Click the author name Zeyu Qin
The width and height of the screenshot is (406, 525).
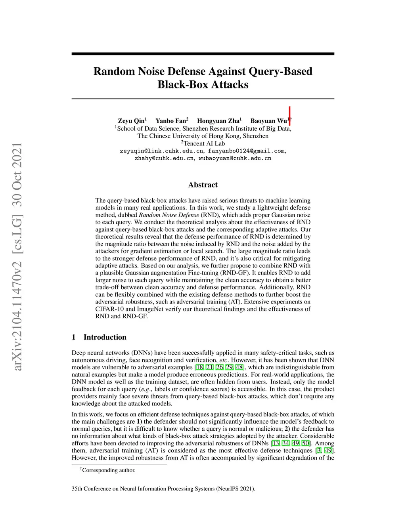(131, 121)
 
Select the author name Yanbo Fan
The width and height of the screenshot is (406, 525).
(170, 121)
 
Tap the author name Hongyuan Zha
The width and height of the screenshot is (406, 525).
(218, 121)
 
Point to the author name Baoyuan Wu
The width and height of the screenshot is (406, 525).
(268, 121)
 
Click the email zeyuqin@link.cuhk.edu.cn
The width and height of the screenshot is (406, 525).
(162, 151)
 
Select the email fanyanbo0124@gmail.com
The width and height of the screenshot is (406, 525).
(246, 151)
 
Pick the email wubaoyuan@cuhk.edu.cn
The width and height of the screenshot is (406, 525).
(235, 158)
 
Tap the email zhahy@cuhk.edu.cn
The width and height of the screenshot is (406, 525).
(164, 158)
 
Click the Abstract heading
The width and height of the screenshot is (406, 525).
(203, 185)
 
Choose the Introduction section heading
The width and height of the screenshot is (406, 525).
(105, 337)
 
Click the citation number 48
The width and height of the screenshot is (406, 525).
(239, 367)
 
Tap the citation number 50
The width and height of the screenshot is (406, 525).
(306, 443)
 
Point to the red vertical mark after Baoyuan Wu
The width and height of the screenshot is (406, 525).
(290, 116)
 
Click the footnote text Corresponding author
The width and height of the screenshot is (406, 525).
(109, 470)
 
